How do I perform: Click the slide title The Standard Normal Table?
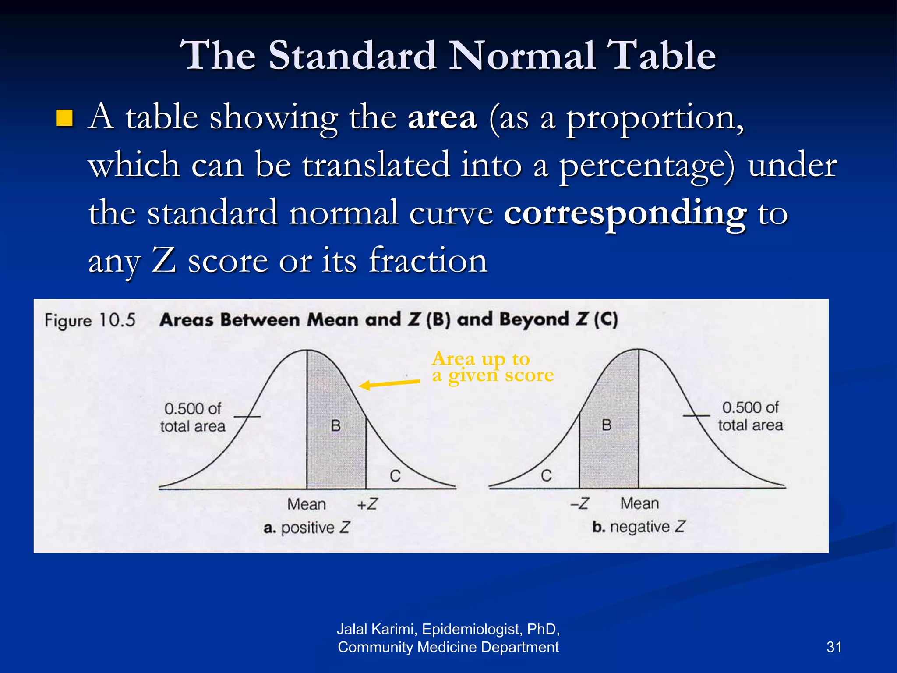click(448, 56)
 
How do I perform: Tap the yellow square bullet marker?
click(64, 118)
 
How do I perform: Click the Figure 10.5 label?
click(90, 320)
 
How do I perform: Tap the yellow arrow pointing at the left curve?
click(389, 384)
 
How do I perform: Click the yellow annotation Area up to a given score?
click(492, 367)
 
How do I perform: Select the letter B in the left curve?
click(335, 425)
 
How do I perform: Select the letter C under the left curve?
click(395, 476)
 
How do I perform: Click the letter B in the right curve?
click(607, 425)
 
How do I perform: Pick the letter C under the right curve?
click(546, 476)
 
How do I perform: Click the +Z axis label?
click(367, 504)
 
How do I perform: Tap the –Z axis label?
click(579, 503)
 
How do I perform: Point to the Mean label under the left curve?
click(307, 504)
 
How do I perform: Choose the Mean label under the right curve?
click(639, 503)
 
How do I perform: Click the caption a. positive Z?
click(307, 528)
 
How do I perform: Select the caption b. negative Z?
click(639, 527)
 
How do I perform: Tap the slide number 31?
click(834, 647)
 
